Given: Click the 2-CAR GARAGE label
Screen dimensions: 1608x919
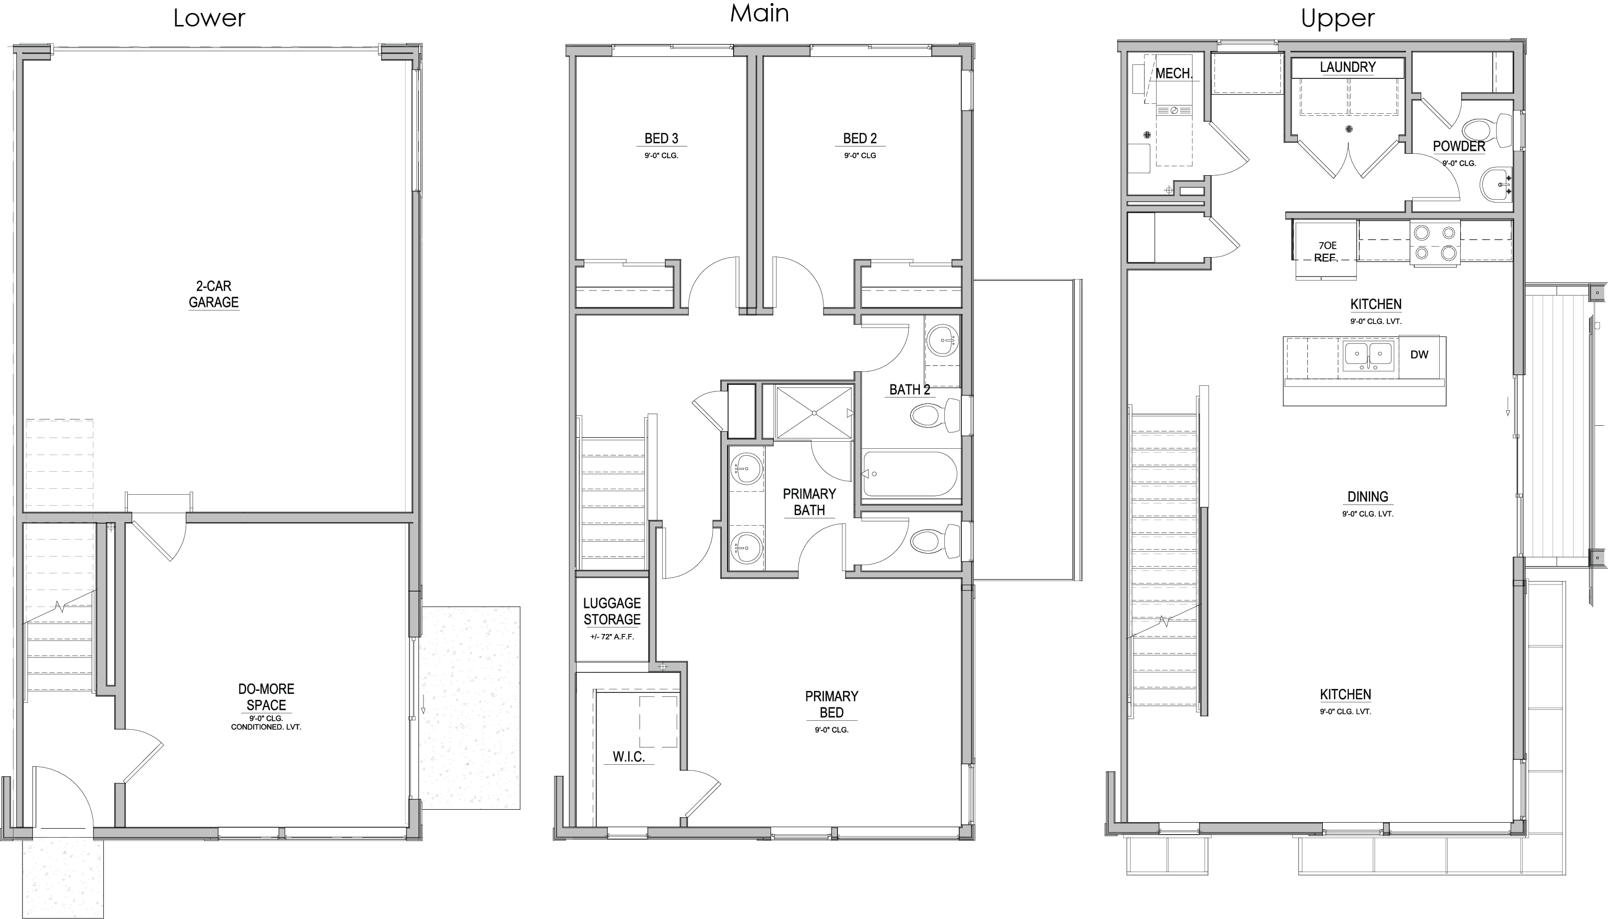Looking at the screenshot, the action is point(213,294).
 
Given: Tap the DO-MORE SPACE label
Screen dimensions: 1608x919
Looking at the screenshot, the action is point(266,697).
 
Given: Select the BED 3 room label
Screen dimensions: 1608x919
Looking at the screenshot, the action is point(661,138).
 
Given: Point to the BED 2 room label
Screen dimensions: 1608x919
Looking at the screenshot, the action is point(860,138).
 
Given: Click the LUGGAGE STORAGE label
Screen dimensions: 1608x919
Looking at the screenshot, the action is point(612,611).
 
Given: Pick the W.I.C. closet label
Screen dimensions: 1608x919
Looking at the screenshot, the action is point(629,757).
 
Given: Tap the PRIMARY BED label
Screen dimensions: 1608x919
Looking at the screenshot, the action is point(831,704).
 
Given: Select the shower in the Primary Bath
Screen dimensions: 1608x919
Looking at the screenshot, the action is point(814,413).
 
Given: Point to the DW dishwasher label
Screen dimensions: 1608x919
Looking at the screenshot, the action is point(1419,355).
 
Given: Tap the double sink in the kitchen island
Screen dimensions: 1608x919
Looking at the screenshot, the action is point(1368,355).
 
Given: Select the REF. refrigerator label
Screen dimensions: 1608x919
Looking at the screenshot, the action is point(1325,258).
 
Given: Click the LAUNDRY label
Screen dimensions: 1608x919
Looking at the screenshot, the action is point(1347,67).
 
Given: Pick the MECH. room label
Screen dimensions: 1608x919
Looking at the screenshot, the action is point(1174,73).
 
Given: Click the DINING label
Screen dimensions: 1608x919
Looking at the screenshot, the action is point(1367,497).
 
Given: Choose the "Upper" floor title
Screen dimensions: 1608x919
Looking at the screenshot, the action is point(1338,18).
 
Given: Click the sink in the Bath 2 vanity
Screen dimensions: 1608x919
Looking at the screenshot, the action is point(942,340).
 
